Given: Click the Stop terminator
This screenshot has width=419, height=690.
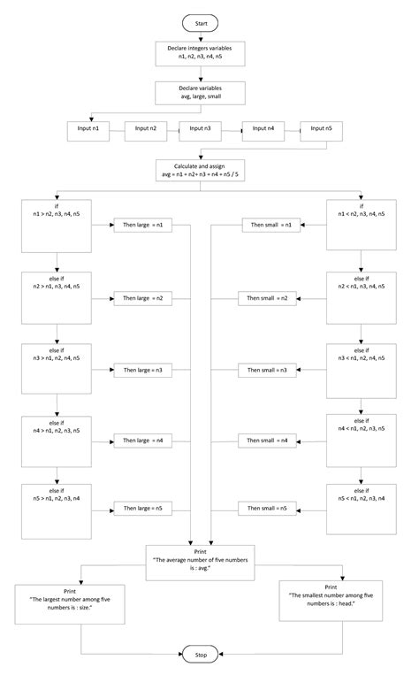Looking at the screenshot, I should tap(200, 655).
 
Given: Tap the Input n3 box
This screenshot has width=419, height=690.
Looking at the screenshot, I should tap(200, 130).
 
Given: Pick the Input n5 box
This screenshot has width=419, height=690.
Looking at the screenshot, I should tap(322, 130).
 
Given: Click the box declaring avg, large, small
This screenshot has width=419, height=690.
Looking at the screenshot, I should tap(200, 93).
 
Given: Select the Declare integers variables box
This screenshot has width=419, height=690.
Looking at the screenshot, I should tap(200, 51).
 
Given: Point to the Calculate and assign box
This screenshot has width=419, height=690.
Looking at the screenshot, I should tap(200, 170).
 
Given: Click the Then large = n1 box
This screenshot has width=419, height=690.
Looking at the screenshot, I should tap(142, 226).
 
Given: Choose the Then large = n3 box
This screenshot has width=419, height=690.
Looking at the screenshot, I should tap(142, 368).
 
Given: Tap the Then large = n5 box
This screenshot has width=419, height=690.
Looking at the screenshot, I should tap(142, 509).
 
